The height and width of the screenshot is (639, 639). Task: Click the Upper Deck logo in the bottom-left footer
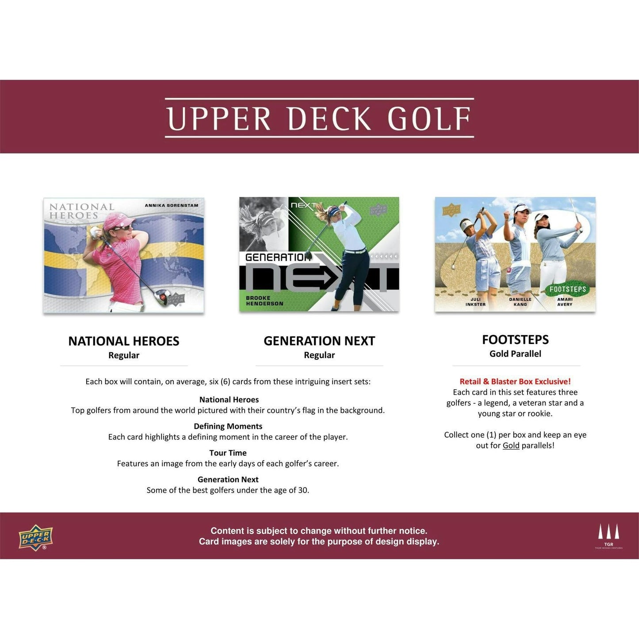tap(36, 537)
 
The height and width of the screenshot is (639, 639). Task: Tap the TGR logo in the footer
tap(609, 536)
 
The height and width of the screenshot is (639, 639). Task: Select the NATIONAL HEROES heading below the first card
tap(124, 341)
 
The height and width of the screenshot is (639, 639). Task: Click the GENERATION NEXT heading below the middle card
tap(319, 341)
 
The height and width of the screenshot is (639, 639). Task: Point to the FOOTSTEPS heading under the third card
tap(515, 340)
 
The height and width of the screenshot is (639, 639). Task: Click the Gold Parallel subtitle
tap(515, 354)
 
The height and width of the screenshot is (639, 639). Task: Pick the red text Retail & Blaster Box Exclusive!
tap(515, 381)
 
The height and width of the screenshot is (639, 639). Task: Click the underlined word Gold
tap(511, 445)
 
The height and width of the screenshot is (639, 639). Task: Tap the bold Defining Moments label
tap(228, 426)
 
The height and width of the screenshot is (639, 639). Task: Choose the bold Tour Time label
tap(228, 453)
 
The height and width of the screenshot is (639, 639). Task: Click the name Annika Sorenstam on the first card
tap(172, 205)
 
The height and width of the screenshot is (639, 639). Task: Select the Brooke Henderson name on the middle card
tap(264, 301)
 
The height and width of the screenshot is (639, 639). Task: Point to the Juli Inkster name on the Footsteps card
tap(475, 302)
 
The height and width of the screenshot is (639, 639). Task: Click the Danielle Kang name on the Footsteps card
tap(520, 302)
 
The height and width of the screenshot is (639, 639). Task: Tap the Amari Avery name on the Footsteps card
tap(565, 302)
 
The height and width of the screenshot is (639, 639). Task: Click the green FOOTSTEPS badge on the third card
tap(567, 289)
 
